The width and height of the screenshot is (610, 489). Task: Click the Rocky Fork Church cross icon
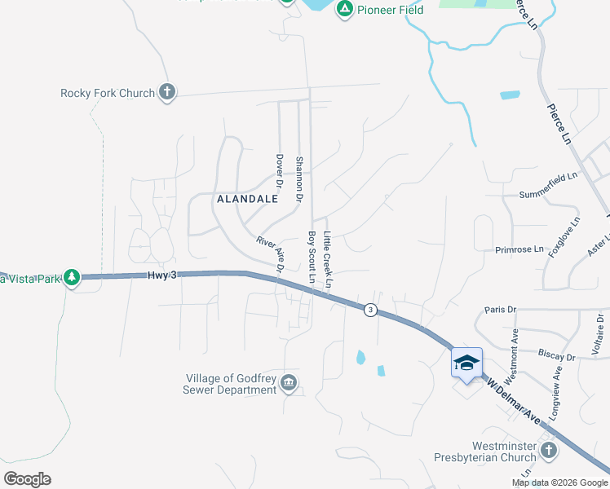tap(167, 92)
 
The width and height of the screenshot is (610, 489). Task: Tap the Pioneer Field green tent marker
tap(345, 9)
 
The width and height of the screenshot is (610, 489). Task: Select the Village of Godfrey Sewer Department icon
tap(288, 382)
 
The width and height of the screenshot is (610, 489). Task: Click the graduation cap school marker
tap(467, 363)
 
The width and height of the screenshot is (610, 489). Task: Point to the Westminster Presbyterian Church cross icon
tap(549, 449)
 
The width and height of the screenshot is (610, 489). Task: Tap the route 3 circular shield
tap(370, 310)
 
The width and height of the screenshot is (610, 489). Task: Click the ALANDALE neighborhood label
tap(242, 198)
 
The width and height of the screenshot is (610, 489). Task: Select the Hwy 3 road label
tap(162, 275)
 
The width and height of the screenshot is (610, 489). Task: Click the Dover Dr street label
tap(279, 172)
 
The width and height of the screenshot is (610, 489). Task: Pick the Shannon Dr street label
tap(299, 179)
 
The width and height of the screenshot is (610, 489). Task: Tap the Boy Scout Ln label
tap(311, 257)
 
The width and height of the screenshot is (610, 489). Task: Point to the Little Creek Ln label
tap(328, 259)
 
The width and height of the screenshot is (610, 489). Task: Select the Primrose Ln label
tap(519, 249)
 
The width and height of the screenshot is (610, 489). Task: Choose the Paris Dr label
tap(500, 310)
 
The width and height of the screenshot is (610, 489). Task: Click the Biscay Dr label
tap(557, 355)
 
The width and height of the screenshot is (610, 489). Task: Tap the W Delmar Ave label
tap(515, 399)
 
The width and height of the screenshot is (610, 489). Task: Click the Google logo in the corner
tap(28, 478)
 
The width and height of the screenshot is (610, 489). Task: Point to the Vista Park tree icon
tap(72, 278)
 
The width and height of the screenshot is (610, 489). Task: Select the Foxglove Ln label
tap(564, 236)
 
